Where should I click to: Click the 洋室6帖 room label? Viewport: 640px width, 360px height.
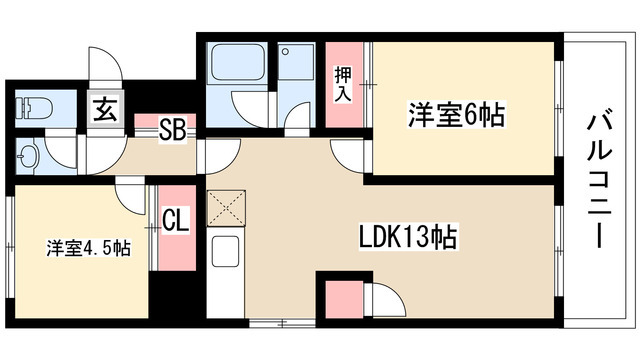(454, 115)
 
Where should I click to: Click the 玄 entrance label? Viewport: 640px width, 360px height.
(105, 109)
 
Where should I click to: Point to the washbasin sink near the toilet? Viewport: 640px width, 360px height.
(28, 155)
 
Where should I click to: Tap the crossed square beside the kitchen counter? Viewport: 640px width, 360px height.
(225, 210)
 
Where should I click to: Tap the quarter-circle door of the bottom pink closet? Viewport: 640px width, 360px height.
(385, 298)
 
